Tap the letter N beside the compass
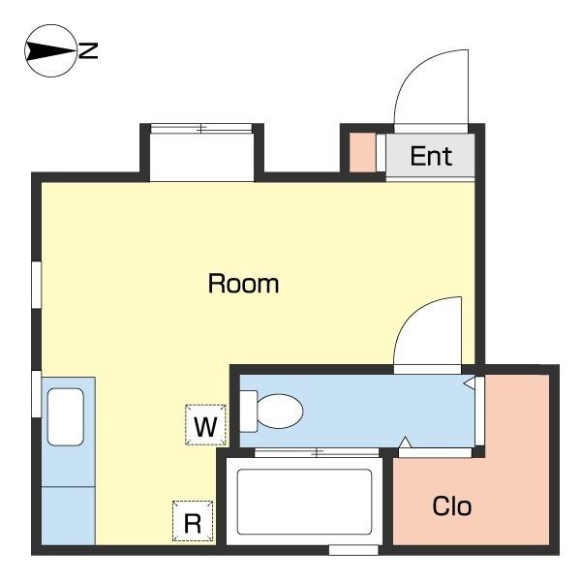[x=88, y=50]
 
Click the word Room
[x=243, y=284]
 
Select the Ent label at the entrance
[x=431, y=156]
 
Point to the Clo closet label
[x=451, y=505]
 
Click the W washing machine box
[x=204, y=424]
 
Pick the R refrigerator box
[x=192, y=522]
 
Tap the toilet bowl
[x=281, y=411]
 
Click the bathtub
[x=304, y=501]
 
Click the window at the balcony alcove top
[x=201, y=128]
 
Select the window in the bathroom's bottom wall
[x=352, y=550]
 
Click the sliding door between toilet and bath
[x=316, y=452]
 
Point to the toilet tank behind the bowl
[x=248, y=411]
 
